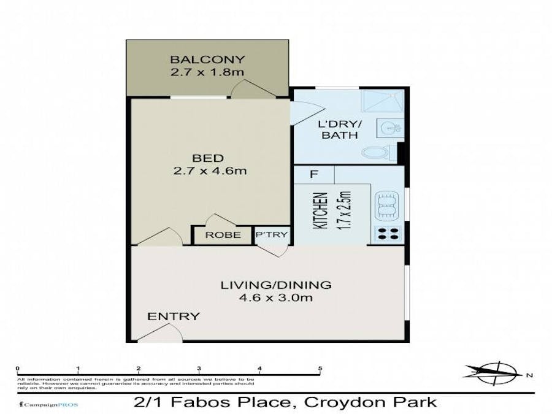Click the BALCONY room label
tap(207, 59)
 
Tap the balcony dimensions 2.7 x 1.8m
tap(207, 72)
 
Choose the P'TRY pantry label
tap(272, 235)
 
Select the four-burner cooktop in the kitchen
tap(386, 233)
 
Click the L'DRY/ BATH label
tap(339, 129)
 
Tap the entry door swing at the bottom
tap(163, 332)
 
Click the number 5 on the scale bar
tap(320, 369)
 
